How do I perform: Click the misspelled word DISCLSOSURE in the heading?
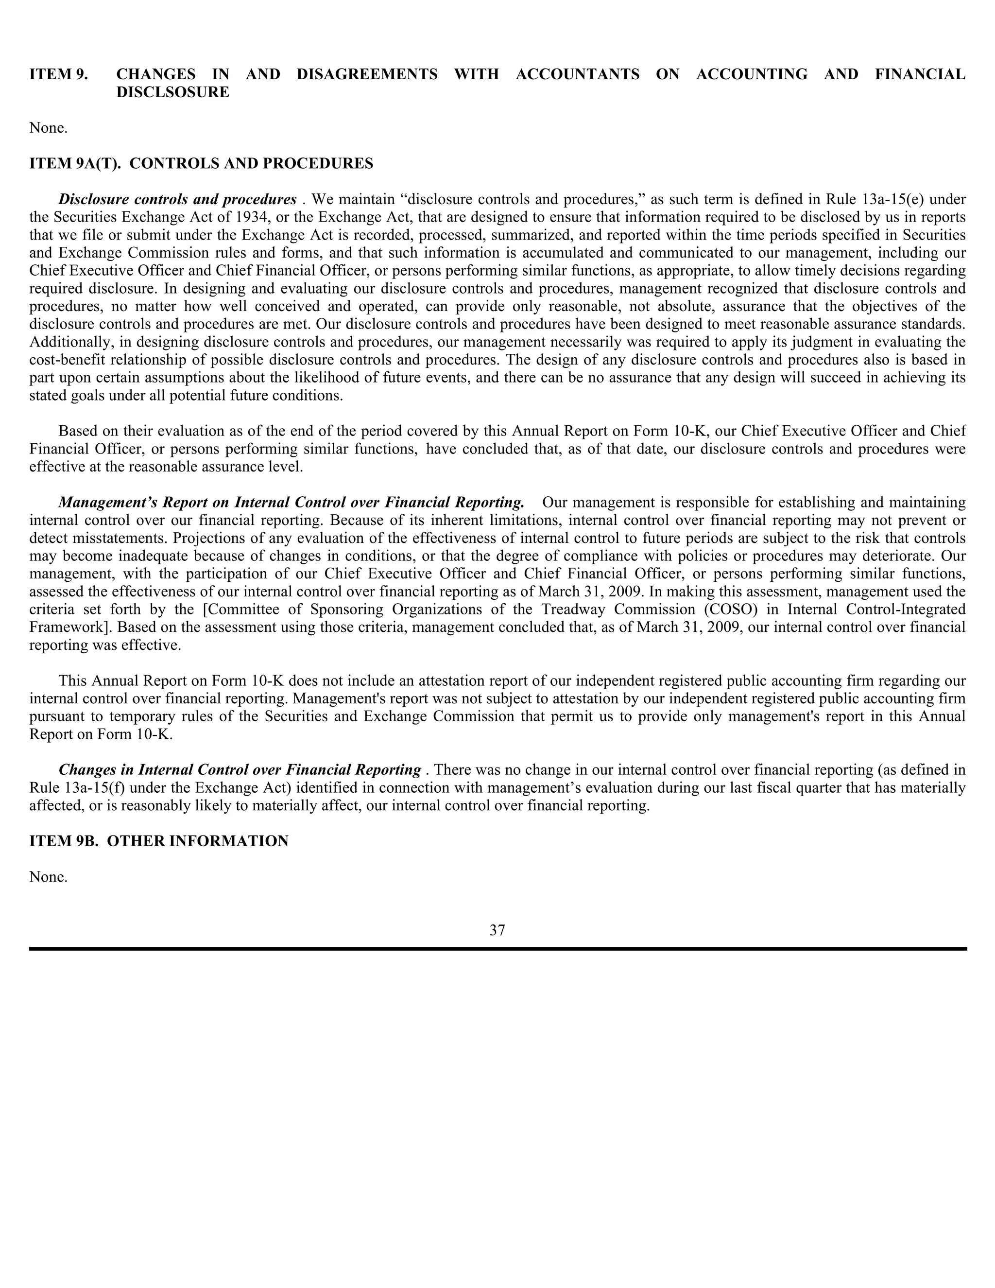pyautogui.click(x=172, y=92)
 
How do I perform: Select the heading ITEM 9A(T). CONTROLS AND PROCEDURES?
pyautogui.click(x=201, y=163)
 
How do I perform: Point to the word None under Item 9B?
pyautogui.click(x=48, y=877)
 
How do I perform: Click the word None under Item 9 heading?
pyautogui.click(x=48, y=128)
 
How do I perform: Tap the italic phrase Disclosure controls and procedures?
pyautogui.click(x=177, y=199)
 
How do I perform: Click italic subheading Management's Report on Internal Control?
pyautogui.click(x=291, y=503)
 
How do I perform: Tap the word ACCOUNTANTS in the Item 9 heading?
pyautogui.click(x=577, y=74)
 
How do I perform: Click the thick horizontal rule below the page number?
pyautogui.click(x=497, y=949)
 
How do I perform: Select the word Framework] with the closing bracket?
pyautogui.click(x=67, y=627)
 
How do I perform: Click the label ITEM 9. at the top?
pyautogui.click(x=58, y=74)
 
